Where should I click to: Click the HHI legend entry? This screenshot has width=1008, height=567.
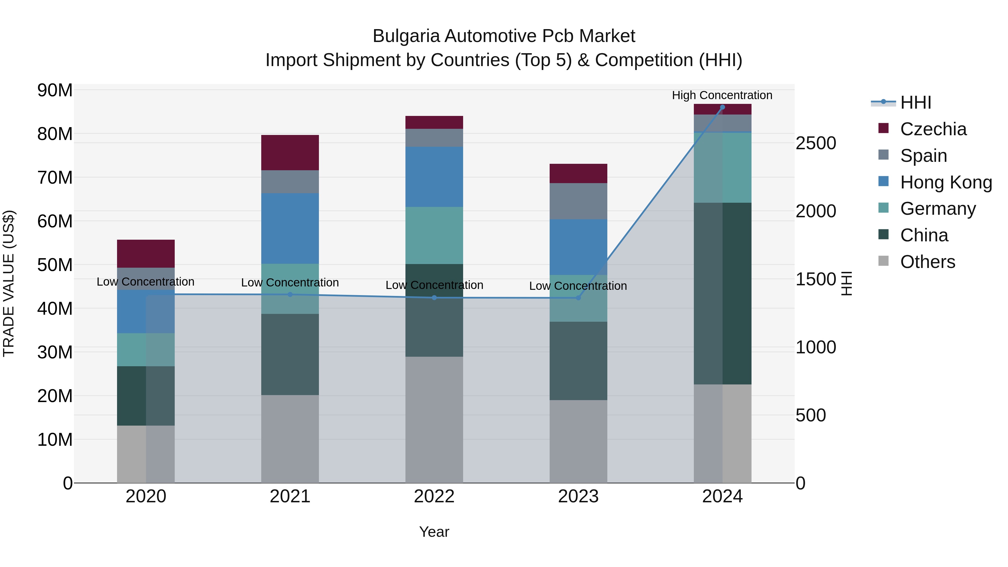(x=915, y=102)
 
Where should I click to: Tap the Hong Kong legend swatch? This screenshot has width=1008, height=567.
(x=883, y=181)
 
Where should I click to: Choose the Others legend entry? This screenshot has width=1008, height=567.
(x=927, y=262)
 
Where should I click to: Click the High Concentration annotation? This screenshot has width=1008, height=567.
(x=722, y=95)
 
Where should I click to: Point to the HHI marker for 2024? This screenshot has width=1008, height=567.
(x=722, y=107)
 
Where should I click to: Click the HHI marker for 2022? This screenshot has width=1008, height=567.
(x=434, y=298)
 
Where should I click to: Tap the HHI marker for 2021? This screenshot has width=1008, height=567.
(x=290, y=295)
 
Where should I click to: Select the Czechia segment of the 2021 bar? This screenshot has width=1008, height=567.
(x=290, y=153)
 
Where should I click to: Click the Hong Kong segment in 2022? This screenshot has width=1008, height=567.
(x=434, y=177)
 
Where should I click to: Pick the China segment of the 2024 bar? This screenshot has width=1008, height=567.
(x=722, y=293)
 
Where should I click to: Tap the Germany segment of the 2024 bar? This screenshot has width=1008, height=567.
(x=722, y=167)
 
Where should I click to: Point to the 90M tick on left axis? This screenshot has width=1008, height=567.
(x=55, y=90)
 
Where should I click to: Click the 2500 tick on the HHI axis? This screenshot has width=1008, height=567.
(x=816, y=143)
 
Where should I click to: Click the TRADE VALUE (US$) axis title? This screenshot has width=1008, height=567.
(x=9, y=283)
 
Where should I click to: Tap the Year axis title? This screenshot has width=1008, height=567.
(x=434, y=532)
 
